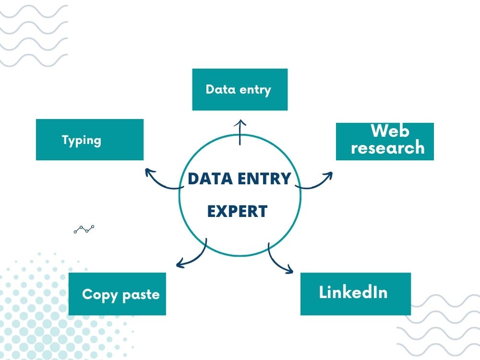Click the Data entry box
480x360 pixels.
click(x=240, y=89)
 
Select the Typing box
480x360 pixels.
click(x=90, y=140)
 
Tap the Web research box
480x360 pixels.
click(x=385, y=142)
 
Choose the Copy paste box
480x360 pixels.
click(x=117, y=294)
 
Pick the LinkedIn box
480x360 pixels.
click(x=355, y=294)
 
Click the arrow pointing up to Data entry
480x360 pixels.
click(x=240, y=132)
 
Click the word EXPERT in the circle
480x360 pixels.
click(x=237, y=211)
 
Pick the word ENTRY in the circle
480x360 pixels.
click(x=264, y=179)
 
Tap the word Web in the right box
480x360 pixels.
click(x=390, y=131)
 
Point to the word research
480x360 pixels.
click(x=387, y=147)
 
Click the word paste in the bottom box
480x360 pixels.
click(x=141, y=295)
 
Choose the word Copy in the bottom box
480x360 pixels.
click(x=100, y=295)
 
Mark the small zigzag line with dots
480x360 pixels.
click(x=84, y=229)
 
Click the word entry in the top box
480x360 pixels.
click(x=255, y=90)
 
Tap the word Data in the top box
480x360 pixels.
click(x=220, y=89)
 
